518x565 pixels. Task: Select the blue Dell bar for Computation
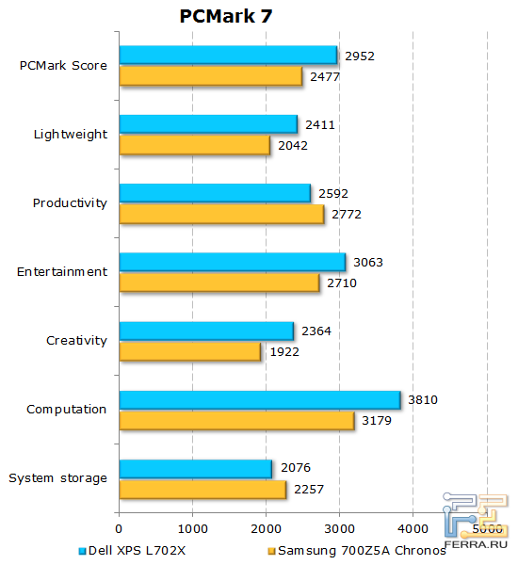[259, 399]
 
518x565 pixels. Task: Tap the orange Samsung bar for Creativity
[189, 351]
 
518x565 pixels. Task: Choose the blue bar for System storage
[195, 468]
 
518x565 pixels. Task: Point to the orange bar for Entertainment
[219, 282]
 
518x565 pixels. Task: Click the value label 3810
[422, 400]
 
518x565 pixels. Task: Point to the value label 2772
[346, 215]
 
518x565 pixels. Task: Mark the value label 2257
[308, 490]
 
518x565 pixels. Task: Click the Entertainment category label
[62, 272]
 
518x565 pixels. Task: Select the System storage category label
[57, 478]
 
